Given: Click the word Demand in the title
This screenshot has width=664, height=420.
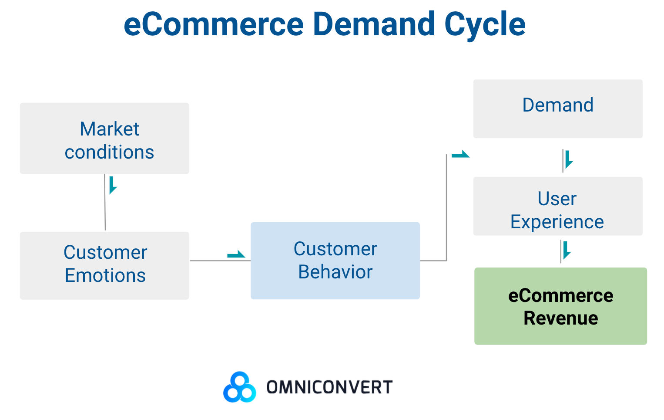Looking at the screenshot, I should pyautogui.click(x=373, y=24).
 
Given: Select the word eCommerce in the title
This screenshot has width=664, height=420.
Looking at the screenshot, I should pyautogui.click(x=214, y=24).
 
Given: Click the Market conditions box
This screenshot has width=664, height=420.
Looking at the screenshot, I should pyautogui.click(x=104, y=139).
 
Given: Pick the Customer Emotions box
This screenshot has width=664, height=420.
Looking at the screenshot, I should pyautogui.click(x=104, y=265).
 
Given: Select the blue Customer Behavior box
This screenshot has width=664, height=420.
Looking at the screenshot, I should pyautogui.click(x=335, y=261).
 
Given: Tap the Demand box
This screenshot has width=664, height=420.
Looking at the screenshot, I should pyautogui.click(x=558, y=109).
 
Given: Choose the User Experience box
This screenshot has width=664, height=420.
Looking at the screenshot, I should pyautogui.click(x=558, y=206).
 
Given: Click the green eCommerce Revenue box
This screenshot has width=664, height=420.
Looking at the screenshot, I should pyautogui.click(x=560, y=306).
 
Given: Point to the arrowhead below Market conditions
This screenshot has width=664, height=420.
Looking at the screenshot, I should pyautogui.click(x=113, y=186).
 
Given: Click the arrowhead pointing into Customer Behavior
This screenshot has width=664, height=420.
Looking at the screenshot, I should pyautogui.click(x=236, y=254).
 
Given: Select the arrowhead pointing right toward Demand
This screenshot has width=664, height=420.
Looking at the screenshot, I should pyautogui.click(x=461, y=154).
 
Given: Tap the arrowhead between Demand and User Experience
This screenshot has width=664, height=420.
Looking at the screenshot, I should pyautogui.click(x=568, y=160).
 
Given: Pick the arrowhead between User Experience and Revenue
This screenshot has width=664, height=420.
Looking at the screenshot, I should pyautogui.click(x=566, y=251).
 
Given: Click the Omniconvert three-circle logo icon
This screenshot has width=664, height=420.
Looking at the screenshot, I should pyautogui.click(x=239, y=387).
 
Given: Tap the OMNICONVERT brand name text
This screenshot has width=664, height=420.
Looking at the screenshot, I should pyautogui.click(x=329, y=387).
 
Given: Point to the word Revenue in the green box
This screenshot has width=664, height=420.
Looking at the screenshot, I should pyautogui.click(x=560, y=318).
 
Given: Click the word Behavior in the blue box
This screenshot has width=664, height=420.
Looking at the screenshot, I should pyautogui.click(x=335, y=272).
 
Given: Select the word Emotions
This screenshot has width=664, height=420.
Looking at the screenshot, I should pyautogui.click(x=105, y=276).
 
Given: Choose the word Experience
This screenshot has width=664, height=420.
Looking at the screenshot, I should pyautogui.click(x=557, y=222).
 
